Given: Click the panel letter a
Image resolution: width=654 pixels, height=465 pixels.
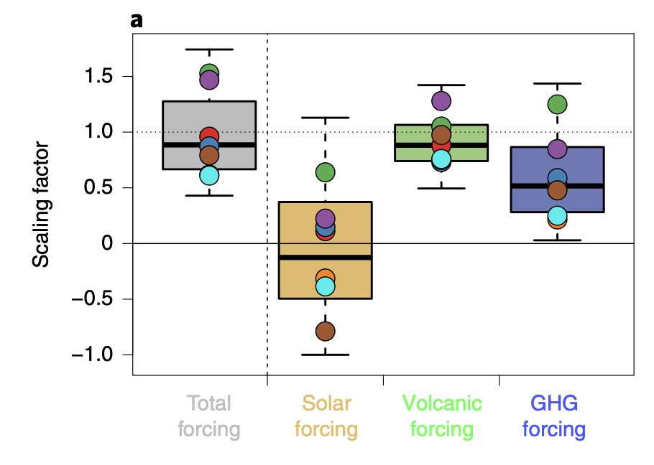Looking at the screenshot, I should (137, 20).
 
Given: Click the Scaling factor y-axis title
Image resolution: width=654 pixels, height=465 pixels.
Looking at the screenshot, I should (42, 204).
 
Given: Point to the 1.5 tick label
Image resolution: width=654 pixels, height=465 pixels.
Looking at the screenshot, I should (98, 77).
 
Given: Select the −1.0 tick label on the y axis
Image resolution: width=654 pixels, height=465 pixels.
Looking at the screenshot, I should (92, 355).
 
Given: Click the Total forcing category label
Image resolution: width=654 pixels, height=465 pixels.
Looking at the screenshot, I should (209, 416).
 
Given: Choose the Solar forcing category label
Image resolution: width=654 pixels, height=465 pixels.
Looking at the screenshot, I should (326, 416).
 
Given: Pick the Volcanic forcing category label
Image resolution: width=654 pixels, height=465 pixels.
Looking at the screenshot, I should (441, 416).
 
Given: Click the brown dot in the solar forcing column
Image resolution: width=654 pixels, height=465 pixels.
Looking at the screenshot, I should (325, 331).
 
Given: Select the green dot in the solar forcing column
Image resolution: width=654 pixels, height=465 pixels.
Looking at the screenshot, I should (325, 172).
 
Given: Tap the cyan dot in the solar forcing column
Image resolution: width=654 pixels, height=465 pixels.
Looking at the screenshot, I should (325, 286).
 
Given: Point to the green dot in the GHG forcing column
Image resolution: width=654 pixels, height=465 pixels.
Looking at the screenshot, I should (557, 104).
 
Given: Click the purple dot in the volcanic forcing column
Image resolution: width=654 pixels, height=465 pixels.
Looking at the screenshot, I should (441, 101).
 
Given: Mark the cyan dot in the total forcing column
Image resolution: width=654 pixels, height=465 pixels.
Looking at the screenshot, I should (209, 175).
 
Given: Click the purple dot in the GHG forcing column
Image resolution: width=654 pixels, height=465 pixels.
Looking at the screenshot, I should (557, 149).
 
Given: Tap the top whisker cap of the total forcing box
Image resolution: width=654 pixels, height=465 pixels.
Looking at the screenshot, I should (209, 50).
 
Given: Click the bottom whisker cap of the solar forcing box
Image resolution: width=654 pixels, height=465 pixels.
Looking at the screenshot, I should (325, 354).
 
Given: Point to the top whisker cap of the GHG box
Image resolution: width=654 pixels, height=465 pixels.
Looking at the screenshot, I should (557, 84).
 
